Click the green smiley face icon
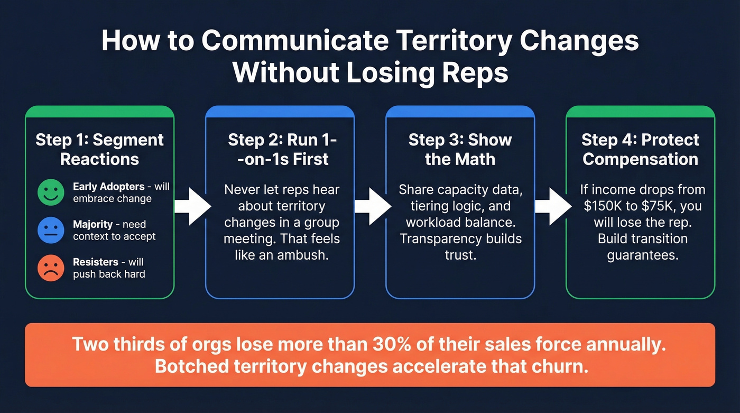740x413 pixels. pyautogui.click(x=51, y=192)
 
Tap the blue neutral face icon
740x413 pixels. pyautogui.click(x=51, y=230)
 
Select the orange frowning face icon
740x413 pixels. pyautogui.click(x=51, y=268)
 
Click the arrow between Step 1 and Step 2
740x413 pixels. pyautogui.click(x=191, y=206)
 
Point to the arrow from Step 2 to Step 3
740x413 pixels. pyautogui.click(x=372, y=206)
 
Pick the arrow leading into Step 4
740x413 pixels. pyautogui.click(x=552, y=206)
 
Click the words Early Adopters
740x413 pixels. pyautogui.click(x=108, y=186)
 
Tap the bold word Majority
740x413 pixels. pyautogui.click(x=92, y=224)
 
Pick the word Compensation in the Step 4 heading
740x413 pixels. pyautogui.click(x=641, y=159)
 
